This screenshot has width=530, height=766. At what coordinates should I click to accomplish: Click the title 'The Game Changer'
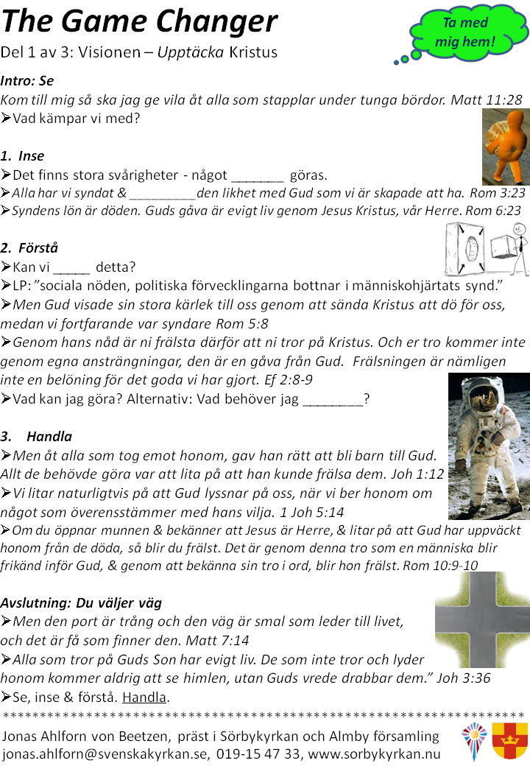click(x=140, y=22)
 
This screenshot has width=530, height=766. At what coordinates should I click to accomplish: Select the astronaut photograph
click(x=488, y=446)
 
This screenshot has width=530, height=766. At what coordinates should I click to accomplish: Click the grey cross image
click(x=481, y=620)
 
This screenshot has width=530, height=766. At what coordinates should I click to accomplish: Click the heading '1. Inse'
click(x=23, y=156)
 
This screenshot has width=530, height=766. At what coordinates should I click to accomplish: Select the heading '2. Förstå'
click(x=29, y=247)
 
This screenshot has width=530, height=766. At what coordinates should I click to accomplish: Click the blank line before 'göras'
click(x=257, y=175)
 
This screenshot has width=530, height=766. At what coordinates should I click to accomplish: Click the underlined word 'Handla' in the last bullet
click(x=145, y=696)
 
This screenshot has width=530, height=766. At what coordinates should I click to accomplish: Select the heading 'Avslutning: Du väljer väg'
click(x=81, y=602)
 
